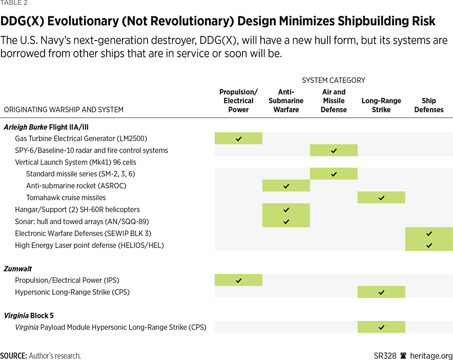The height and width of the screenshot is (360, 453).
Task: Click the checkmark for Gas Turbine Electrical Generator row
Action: (238, 138)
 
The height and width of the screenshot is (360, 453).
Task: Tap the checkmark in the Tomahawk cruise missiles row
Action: (381, 197)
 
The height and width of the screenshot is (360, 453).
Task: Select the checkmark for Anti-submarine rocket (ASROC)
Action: (286, 186)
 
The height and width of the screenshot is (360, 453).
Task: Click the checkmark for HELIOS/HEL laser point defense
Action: (429, 245)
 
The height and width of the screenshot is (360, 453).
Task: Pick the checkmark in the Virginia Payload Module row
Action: (381, 327)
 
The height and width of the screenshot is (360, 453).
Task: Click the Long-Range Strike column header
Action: (381, 101)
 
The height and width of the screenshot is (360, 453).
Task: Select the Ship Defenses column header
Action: (429, 105)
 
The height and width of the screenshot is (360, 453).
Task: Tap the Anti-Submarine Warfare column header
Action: (286, 101)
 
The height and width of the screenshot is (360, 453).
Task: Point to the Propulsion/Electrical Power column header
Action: (238, 101)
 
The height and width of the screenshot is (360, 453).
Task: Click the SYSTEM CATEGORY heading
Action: (333, 81)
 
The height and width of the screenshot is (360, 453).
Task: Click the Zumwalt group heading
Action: (18, 268)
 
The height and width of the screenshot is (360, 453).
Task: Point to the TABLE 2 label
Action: (14, 3)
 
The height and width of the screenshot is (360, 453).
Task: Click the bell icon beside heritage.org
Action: (403, 355)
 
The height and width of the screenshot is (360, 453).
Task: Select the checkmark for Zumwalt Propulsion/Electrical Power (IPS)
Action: (238, 280)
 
